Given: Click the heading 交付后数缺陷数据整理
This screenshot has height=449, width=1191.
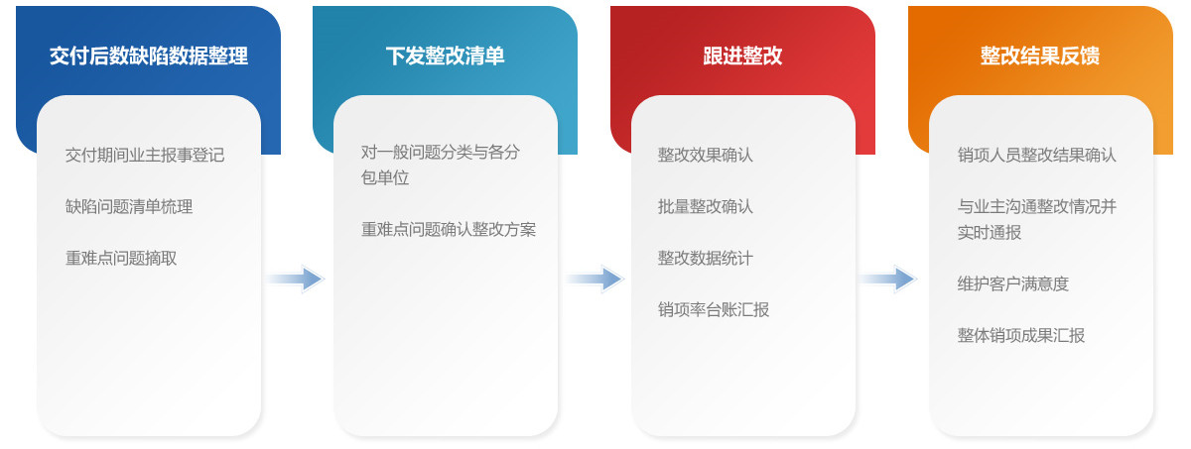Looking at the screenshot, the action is tap(148, 56).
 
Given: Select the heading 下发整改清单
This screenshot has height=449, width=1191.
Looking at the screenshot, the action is tap(445, 56).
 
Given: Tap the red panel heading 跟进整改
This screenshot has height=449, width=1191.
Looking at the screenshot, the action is tap(742, 56).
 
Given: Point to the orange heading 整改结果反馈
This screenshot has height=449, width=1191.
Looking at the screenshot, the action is tap(1040, 56).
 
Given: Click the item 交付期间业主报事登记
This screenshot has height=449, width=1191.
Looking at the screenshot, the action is tap(145, 155).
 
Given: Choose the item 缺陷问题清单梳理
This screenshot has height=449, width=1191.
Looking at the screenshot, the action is tap(129, 206).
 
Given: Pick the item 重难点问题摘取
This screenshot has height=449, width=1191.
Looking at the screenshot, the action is tap(121, 258).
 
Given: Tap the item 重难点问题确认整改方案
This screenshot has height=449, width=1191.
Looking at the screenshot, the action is tap(449, 229).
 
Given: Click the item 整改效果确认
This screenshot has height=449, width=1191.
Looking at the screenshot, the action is tap(705, 155).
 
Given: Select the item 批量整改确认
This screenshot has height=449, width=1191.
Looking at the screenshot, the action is tap(705, 206).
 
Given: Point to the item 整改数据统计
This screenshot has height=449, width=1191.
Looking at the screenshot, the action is tap(705, 258).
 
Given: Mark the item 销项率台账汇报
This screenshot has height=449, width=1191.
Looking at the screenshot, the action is tap(713, 309).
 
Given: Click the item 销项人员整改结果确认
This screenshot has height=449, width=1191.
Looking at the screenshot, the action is tap(1037, 155).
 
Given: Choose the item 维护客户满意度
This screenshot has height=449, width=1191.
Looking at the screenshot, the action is tap(1013, 283).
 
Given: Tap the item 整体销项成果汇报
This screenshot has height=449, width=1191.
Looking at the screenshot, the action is tap(1021, 335).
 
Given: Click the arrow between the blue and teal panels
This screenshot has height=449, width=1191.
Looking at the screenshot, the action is tap(296, 280).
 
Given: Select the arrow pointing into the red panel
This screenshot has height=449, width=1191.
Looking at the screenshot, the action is tap(595, 280).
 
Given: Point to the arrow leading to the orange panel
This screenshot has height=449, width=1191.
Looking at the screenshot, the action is tap(888, 280).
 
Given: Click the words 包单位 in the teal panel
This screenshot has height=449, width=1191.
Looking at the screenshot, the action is tap(385, 177).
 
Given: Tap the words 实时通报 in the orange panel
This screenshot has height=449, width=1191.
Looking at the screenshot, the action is tap(989, 233).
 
